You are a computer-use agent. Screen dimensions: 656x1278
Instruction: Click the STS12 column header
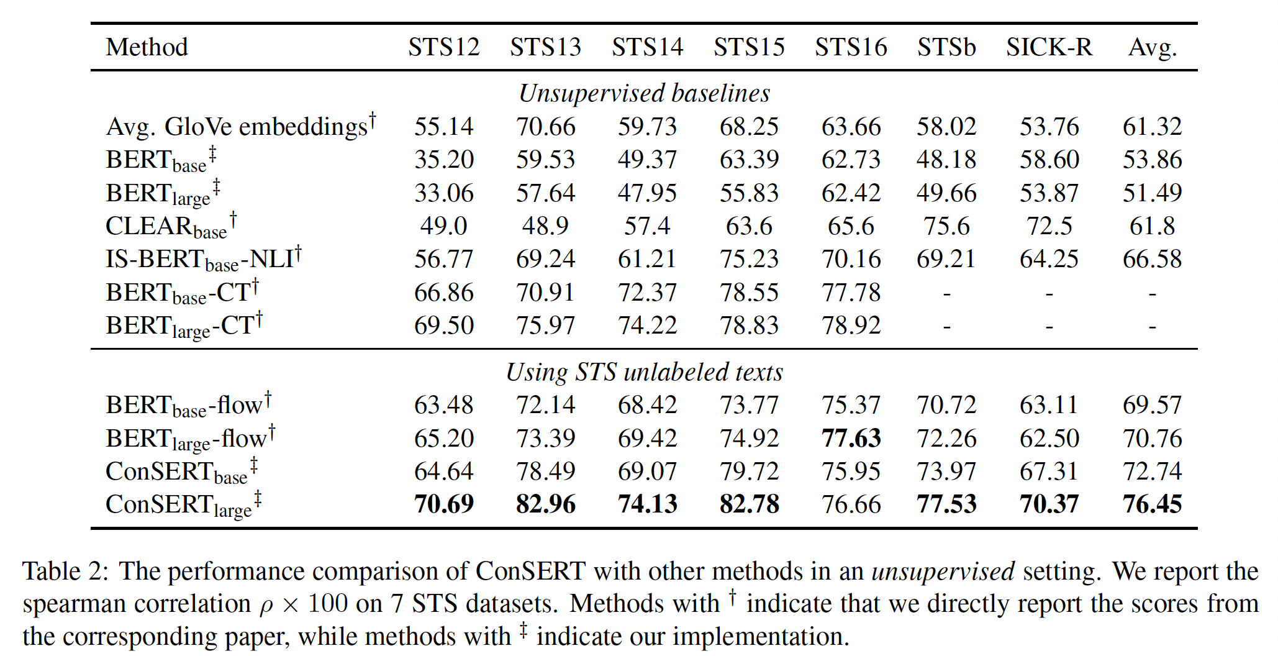click(443, 47)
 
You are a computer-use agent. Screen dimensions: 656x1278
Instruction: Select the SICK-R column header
click(1049, 47)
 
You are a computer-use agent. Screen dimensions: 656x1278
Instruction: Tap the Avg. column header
click(1152, 47)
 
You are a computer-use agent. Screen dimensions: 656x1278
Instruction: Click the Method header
click(147, 47)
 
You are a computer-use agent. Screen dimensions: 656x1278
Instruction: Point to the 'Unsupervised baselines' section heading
click(644, 93)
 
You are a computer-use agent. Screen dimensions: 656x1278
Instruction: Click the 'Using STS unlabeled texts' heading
click(644, 372)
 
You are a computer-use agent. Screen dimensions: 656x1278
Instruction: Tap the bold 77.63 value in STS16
click(851, 438)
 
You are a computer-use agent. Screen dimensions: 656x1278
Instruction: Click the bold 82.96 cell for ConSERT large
click(545, 504)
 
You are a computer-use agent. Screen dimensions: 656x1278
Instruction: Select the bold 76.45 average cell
click(1152, 504)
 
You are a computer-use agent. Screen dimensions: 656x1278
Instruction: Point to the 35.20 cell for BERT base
click(443, 160)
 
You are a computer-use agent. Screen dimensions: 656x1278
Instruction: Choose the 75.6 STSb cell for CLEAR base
click(946, 226)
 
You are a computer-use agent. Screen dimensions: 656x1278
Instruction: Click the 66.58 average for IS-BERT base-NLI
click(1152, 259)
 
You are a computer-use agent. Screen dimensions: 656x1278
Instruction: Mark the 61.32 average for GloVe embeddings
click(1152, 127)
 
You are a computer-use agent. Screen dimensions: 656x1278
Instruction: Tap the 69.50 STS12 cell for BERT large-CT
click(443, 326)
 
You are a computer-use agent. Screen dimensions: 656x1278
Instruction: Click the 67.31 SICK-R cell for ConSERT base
click(1049, 471)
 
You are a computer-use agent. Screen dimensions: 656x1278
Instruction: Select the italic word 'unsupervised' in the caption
click(943, 571)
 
